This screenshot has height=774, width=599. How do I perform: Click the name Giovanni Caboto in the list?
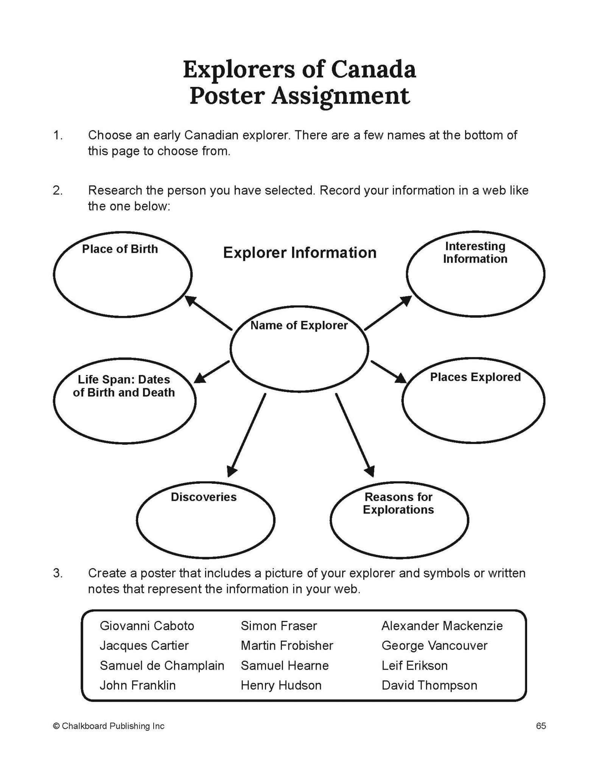point(147,625)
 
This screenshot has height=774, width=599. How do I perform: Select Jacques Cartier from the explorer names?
point(144,645)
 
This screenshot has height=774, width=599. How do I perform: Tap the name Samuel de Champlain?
point(162,665)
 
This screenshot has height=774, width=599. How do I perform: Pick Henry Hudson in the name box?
point(281,685)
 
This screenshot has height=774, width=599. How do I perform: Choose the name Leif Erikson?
point(414,665)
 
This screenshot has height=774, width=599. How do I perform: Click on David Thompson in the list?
point(429,685)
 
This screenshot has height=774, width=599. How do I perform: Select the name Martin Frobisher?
point(287,645)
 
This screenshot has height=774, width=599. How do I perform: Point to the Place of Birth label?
point(120,249)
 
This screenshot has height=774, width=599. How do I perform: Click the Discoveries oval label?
point(204,497)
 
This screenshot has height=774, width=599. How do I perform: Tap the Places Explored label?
point(475,377)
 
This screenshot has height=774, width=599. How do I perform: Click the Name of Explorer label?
point(299,325)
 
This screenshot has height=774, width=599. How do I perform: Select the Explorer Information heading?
point(300,253)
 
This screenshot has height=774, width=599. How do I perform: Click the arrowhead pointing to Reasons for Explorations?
point(370,471)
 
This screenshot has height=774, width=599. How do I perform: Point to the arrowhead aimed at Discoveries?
point(232,471)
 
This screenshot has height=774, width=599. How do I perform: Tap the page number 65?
point(541,726)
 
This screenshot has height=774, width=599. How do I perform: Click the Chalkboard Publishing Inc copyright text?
point(109,726)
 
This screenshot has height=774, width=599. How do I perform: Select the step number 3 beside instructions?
point(58,573)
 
